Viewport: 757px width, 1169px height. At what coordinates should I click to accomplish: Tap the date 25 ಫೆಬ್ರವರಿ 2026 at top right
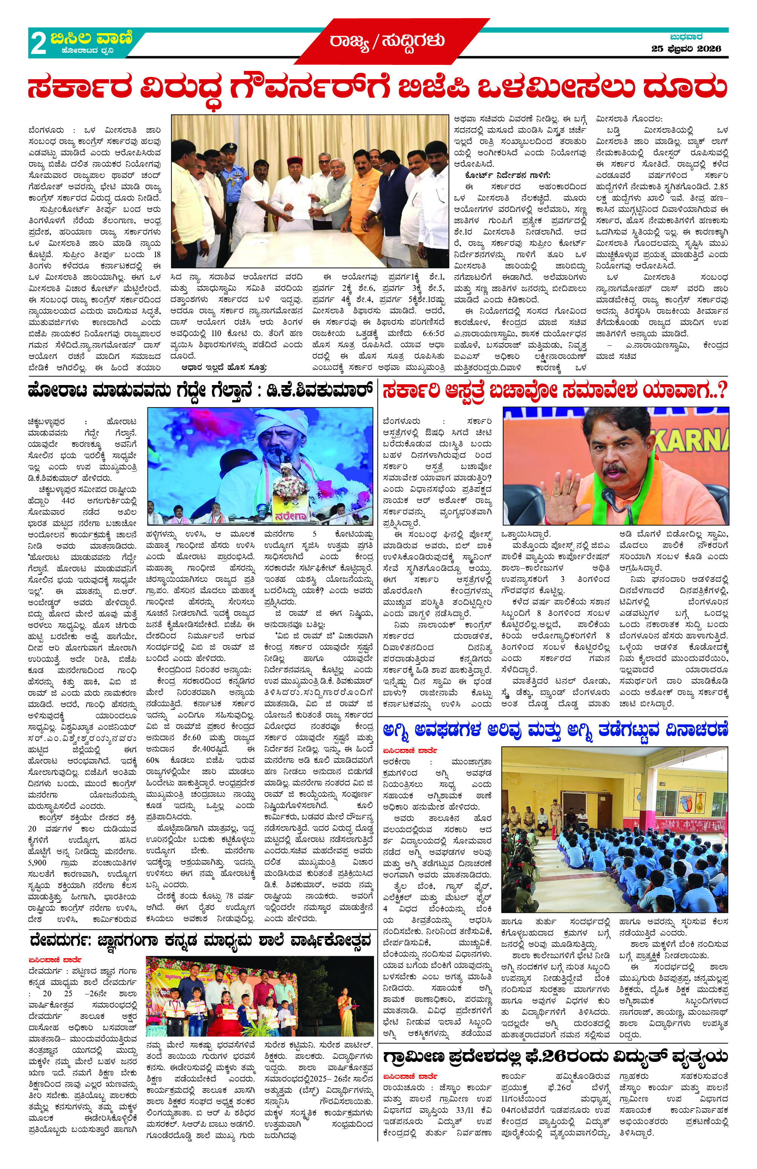686,49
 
